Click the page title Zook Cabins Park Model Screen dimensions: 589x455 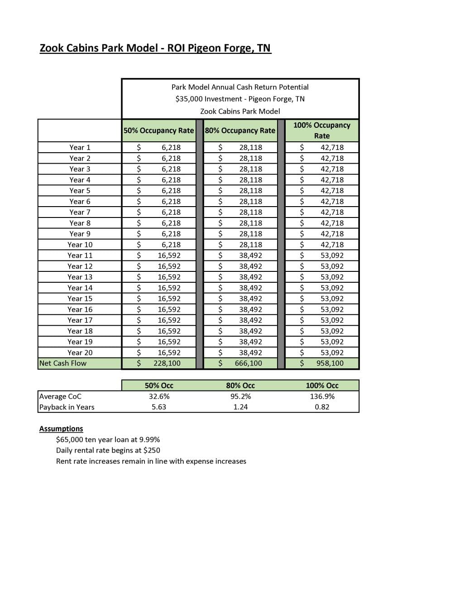click(x=155, y=48)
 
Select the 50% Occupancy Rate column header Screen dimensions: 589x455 click(x=158, y=130)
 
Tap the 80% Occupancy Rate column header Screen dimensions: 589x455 click(x=240, y=130)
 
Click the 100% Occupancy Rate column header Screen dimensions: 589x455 click(x=321, y=130)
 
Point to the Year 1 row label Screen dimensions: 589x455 click(x=80, y=147)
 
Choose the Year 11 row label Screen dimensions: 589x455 click(x=80, y=256)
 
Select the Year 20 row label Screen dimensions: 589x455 click(x=80, y=352)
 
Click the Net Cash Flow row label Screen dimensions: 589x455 click(x=63, y=363)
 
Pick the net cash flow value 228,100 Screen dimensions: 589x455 click(x=167, y=363)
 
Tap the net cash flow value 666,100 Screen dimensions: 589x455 click(x=248, y=363)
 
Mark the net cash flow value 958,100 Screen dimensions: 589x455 click(x=330, y=363)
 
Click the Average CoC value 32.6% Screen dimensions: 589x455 click(x=159, y=396)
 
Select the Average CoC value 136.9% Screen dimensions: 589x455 click(x=322, y=396)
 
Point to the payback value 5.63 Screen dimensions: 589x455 click(x=159, y=407)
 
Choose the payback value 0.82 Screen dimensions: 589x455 click(x=322, y=407)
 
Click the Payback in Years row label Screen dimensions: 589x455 click(x=67, y=407)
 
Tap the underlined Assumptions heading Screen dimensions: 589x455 click(x=61, y=429)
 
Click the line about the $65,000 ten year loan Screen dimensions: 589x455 click(x=108, y=439)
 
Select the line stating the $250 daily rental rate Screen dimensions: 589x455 click(x=108, y=450)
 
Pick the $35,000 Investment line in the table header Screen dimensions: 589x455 click(x=240, y=99)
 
